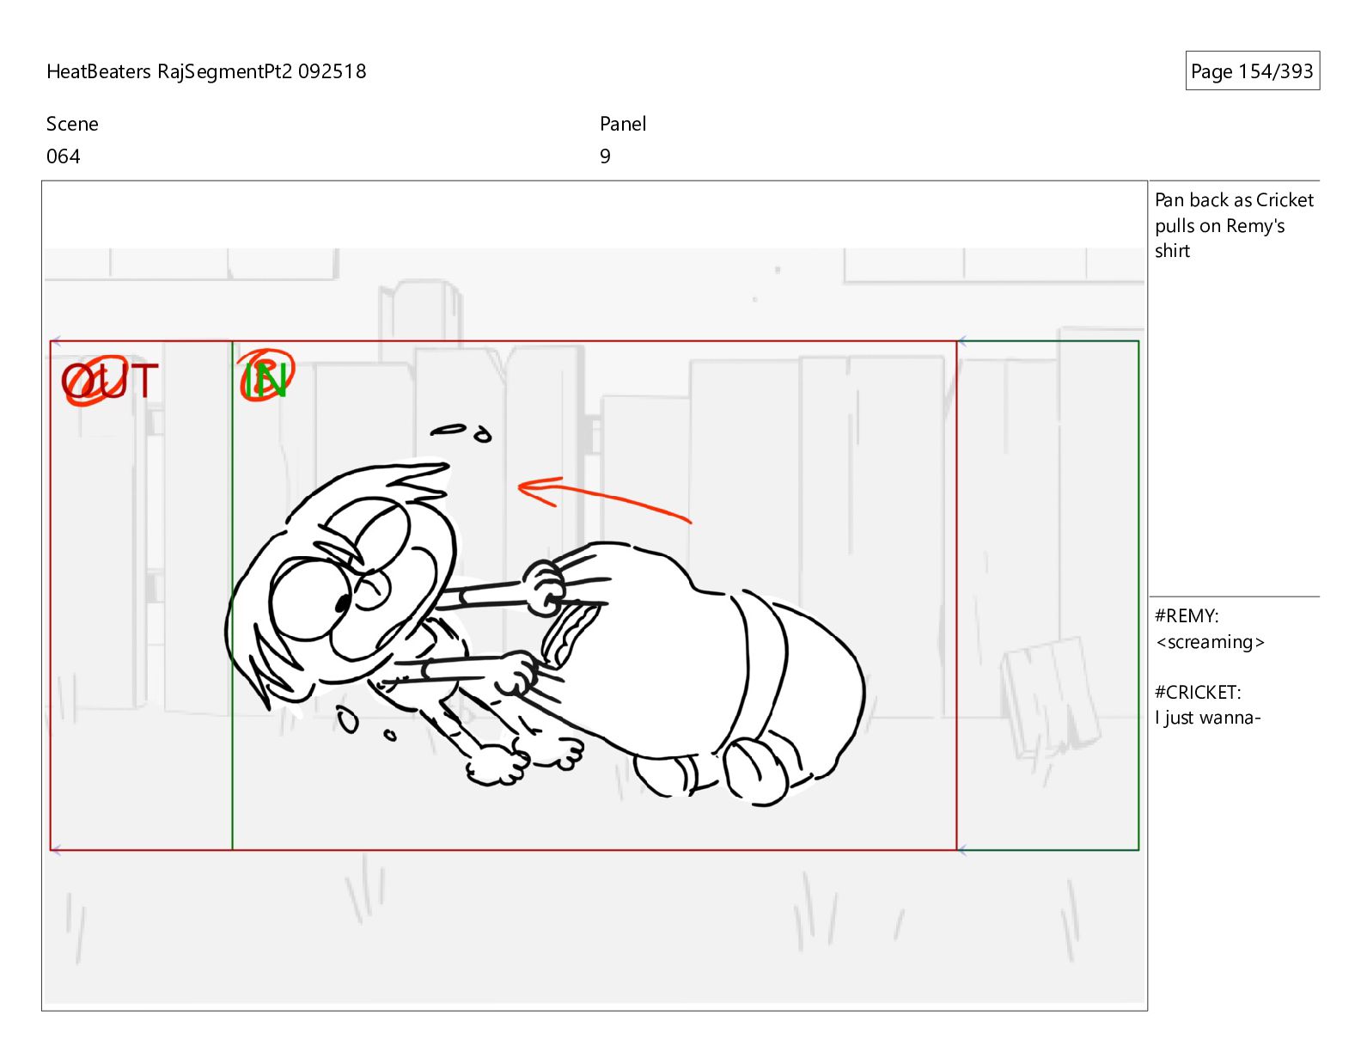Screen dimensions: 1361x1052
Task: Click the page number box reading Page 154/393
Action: pos(1251,70)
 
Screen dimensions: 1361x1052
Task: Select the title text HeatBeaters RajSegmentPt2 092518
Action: pos(206,71)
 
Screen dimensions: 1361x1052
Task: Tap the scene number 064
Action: pos(64,156)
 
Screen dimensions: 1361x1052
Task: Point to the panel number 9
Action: pos(605,156)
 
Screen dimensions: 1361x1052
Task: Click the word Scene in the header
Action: pos(72,124)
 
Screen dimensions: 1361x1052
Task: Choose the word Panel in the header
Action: pos(623,124)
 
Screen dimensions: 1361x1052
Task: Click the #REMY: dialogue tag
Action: pos(1187,616)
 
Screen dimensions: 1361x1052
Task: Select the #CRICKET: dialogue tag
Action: pos(1198,693)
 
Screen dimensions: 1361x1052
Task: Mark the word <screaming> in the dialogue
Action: pos(1210,642)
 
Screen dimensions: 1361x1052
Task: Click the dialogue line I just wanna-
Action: pos(1207,718)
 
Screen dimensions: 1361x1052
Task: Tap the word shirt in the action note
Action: pos(1172,251)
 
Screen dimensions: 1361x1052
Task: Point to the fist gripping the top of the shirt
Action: pos(544,587)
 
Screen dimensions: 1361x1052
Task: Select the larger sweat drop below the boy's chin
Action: pos(347,720)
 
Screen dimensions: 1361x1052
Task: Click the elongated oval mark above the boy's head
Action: pos(449,430)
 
